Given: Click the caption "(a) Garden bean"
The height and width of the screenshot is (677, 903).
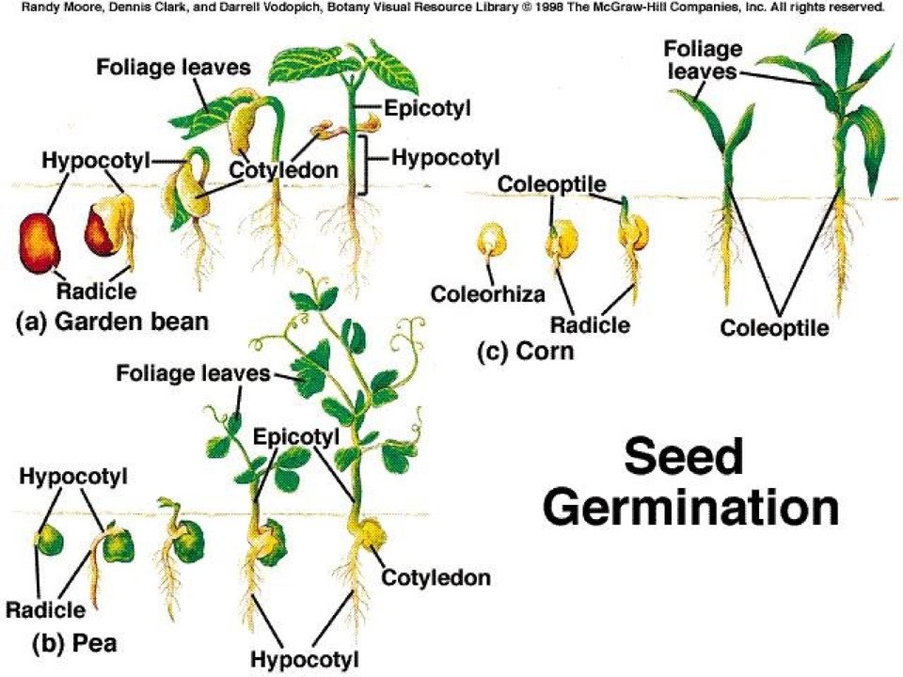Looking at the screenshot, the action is pyautogui.click(x=112, y=322).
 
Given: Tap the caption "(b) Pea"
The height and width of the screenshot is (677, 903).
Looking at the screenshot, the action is pyautogui.click(x=74, y=642).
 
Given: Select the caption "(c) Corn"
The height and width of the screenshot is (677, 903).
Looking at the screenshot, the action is pyautogui.click(x=526, y=351).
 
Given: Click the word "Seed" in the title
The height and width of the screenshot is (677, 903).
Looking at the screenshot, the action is pyautogui.click(x=683, y=456).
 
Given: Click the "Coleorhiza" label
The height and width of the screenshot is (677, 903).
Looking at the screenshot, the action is pyautogui.click(x=488, y=294).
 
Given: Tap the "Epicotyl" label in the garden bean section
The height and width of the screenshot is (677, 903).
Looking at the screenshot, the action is pyautogui.click(x=427, y=107).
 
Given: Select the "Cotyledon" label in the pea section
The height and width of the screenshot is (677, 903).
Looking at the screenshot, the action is pyautogui.click(x=436, y=577).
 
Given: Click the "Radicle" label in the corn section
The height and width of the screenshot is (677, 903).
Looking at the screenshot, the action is pyautogui.click(x=590, y=324).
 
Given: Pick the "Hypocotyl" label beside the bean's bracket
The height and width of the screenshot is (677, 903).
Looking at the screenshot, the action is pyautogui.click(x=445, y=157).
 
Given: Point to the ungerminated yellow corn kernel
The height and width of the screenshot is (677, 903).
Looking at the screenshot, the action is pyautogui.click(x=491, y=240).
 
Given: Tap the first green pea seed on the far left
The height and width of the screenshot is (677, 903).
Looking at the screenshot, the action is pyautogui.click(x=50, y=540).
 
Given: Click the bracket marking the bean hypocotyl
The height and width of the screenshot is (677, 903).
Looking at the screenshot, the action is pyautogui.click(x=363, y=165).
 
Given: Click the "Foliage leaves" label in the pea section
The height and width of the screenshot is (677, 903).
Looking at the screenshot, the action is pyautogui.click(x=193, y=373).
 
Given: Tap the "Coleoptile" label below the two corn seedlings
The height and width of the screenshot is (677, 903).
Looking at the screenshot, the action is pyautogui.click(x=774, y=328).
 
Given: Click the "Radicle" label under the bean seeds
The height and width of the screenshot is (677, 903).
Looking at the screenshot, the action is pyautogui.click(x=96, y=291).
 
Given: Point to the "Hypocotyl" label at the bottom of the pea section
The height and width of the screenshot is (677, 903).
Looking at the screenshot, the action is pyautogui.click(x=305, y=659).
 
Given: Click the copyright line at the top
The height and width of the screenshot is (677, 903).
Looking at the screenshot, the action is pyautogui.click(x=452, y=7).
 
